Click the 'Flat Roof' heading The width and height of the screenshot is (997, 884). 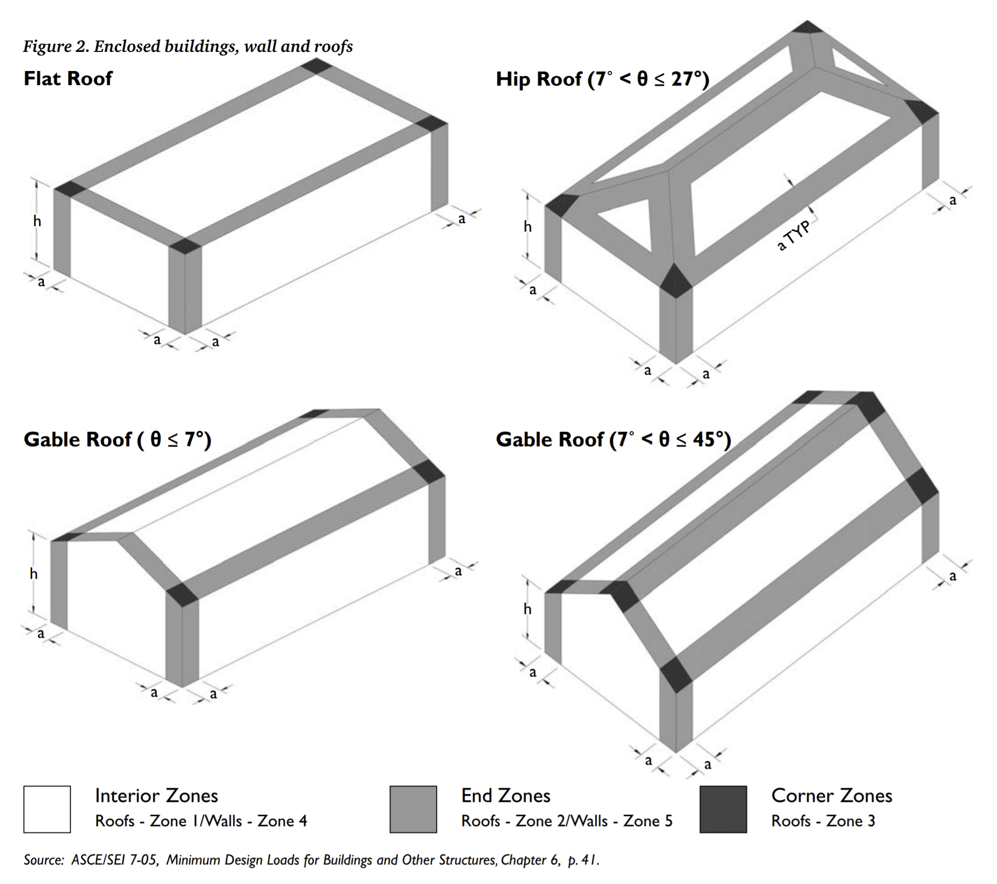[68, 79]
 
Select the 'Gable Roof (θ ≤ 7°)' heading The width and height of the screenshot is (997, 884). [117, 440]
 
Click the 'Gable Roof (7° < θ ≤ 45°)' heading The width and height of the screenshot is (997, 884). [613, 440]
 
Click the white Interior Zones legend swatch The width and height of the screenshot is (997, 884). [47, 809]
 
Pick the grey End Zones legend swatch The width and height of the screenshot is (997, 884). [413, 809]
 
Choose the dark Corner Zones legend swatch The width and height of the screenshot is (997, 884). [723, 809]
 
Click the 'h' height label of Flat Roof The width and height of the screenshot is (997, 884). [37, 221]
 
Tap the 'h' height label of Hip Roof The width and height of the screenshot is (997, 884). [527, 227]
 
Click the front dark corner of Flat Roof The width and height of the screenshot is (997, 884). [185, 246]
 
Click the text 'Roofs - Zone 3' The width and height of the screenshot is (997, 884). [823, 821]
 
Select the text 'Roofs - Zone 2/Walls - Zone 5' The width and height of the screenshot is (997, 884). [566, 821]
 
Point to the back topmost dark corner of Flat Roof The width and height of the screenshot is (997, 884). [316, 65]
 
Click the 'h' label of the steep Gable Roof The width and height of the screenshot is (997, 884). [527, 609]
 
